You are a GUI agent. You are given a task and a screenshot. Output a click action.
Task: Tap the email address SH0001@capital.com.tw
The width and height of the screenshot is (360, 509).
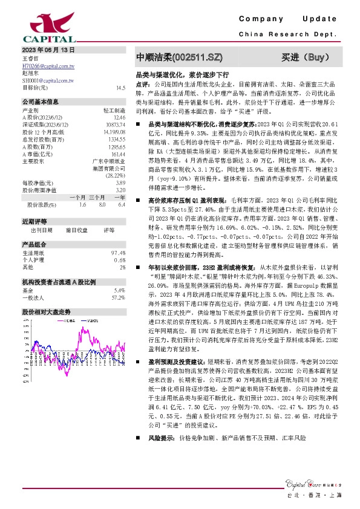pyautogui.click(x=48, y=80)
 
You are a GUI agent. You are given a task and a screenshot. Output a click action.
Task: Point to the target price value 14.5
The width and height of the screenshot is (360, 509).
pyautogui.click(x=121, y=88)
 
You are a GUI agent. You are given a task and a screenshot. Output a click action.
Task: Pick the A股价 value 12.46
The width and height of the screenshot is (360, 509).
pyautogui.click(x=120, y=117)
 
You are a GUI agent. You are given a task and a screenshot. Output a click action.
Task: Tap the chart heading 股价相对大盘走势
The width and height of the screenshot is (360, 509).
pyautogui.click(x=46, y=311)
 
